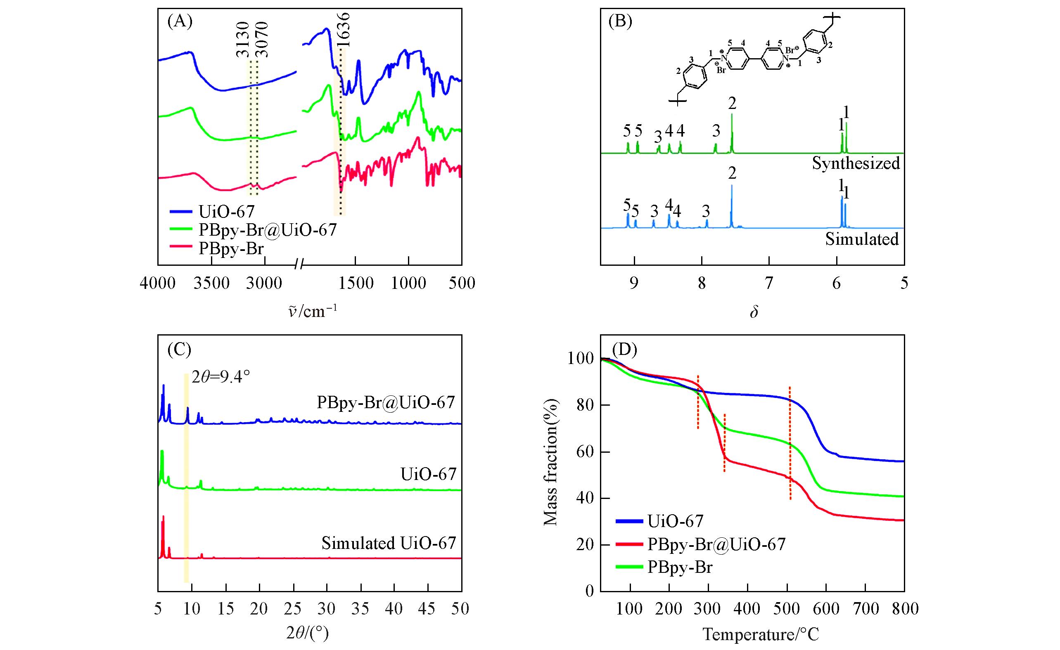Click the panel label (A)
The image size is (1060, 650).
click(180, 21)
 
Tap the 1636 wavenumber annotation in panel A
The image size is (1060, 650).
click(343, 29)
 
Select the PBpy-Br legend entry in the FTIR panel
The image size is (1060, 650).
click(230, 249)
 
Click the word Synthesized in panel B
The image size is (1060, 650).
click(856, 163)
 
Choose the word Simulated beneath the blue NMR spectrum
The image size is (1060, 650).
click(862, 239)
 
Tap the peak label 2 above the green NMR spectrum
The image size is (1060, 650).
click(732, 103)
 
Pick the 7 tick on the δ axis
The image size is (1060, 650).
click(769, 283)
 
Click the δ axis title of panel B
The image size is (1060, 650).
click(753, 312)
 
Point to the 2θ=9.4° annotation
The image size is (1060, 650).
click(221, 378)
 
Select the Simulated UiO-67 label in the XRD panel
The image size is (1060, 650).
click(389, 544)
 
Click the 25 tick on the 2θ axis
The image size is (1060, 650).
click(293, 609)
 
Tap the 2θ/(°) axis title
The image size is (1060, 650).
click(307, 633)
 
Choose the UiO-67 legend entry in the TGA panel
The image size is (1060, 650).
click(675, 521)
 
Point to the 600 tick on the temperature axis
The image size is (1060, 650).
click(825, 609)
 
